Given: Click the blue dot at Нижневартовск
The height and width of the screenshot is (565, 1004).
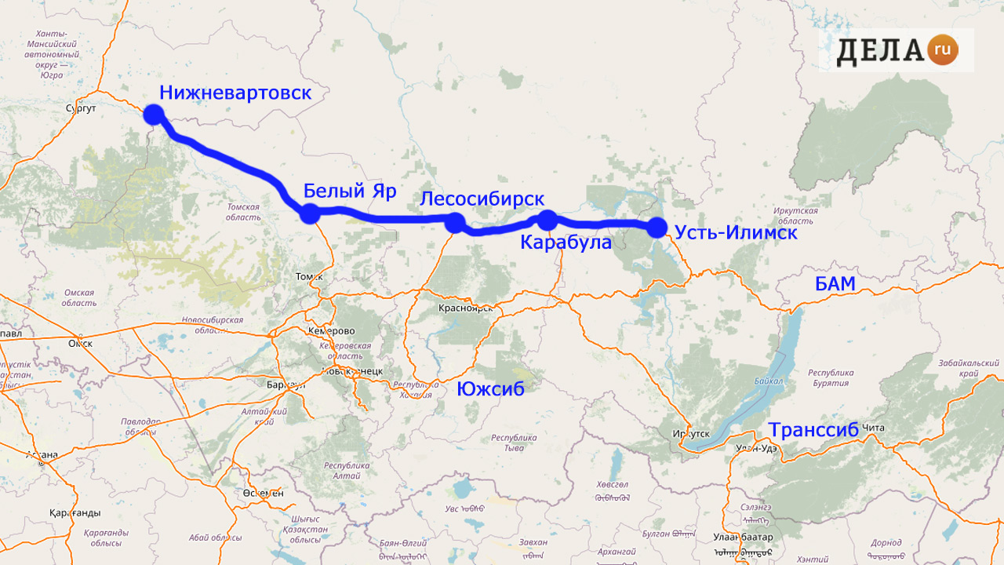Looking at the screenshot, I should [153, 115].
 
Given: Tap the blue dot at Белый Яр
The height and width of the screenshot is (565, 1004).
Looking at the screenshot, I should [310, 213].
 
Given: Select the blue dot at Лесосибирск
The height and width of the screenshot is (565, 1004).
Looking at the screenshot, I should [454, 223].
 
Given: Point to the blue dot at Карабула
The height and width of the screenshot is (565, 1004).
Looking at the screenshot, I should [547, 221].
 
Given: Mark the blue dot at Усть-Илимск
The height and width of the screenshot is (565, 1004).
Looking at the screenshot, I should [657, 228].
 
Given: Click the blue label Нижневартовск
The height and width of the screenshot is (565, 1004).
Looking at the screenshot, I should [235, 93].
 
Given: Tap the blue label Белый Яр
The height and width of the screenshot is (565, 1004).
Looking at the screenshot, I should [350, 191].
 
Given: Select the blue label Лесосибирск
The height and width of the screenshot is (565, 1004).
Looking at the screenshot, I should [482, 199].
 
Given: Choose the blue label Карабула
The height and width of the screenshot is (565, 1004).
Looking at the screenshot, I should [566, 242].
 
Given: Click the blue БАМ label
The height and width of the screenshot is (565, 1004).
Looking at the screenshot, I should [835, 284].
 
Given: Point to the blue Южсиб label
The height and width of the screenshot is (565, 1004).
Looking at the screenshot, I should [490, 388].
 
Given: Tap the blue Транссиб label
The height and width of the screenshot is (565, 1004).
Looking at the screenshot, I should [813, 431].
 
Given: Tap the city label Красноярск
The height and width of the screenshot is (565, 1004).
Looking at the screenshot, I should [466, 308].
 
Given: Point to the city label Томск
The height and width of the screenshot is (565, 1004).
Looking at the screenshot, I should [309, 276].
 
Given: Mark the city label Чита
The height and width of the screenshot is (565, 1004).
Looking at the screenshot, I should [873, 428].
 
